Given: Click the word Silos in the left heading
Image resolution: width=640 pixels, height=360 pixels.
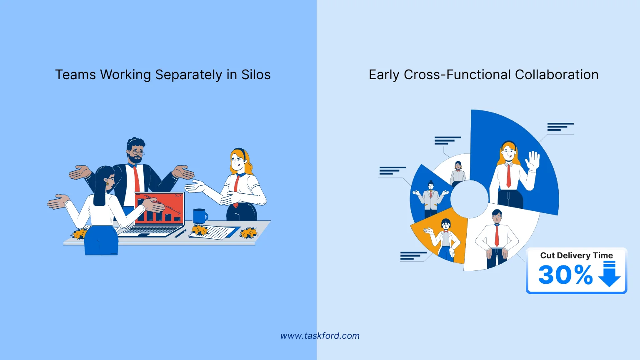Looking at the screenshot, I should [256, 75].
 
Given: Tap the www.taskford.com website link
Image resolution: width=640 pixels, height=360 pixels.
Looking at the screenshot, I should [320, 336].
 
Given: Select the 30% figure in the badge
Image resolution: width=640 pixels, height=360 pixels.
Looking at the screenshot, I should [565, 275].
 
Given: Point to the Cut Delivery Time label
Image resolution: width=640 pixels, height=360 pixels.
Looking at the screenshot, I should [576, 255].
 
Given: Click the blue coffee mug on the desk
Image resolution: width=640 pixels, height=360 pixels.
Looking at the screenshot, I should [200, 216].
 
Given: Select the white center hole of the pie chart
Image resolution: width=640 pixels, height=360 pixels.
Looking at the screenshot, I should [469, 199].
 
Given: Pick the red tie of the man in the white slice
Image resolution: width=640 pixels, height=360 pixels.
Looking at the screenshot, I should [497, 236].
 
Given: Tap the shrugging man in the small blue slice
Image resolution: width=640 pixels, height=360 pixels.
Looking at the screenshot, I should [430, 198].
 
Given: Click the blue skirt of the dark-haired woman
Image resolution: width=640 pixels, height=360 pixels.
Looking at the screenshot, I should [101, 240].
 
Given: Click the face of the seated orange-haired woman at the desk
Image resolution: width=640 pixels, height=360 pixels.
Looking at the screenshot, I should [237, 160].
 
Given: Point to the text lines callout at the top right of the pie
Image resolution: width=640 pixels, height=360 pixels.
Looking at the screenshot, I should [560, 127].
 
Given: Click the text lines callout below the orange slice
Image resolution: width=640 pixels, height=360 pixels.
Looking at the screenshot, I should [413, 256].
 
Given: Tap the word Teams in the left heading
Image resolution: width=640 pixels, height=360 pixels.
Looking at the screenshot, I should [75, 75].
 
